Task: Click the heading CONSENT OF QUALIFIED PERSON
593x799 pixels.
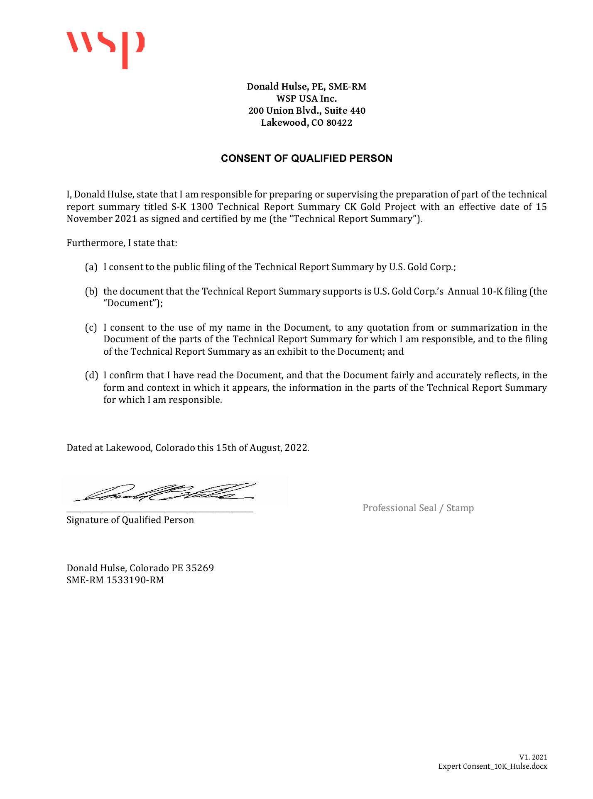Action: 306,158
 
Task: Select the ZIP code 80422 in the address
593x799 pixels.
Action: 339,123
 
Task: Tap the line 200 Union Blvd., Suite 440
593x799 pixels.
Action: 307,111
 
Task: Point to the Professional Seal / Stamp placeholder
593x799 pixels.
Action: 418,508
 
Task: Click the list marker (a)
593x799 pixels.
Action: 91,267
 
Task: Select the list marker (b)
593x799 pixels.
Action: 91,292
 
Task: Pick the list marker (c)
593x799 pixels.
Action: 91,328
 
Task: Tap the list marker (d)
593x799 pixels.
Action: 91,376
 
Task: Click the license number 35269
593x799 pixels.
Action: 199,568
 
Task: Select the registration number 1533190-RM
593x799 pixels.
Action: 135,580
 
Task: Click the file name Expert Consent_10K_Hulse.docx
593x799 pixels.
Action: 493,767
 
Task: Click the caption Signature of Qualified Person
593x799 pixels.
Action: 130,520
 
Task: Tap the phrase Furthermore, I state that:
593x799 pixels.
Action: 122,243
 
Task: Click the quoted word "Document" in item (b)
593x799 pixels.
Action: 130,303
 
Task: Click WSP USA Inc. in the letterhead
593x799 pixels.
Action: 306,99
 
